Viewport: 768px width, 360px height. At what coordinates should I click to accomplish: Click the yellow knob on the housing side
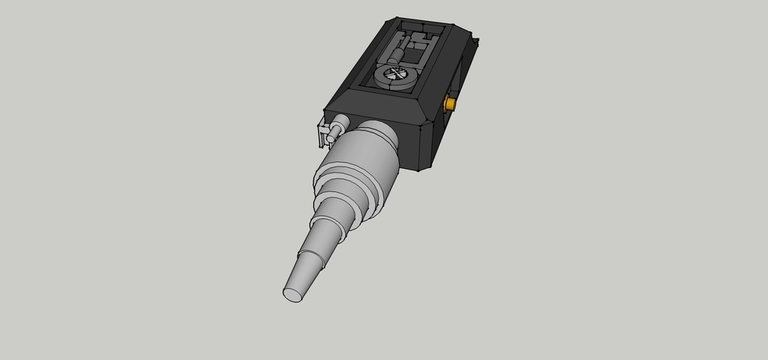(x=451, y=103)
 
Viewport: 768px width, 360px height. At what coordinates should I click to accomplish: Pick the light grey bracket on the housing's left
(x=324, y=134)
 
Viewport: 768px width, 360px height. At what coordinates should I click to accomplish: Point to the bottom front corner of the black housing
(x=417, y=169)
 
